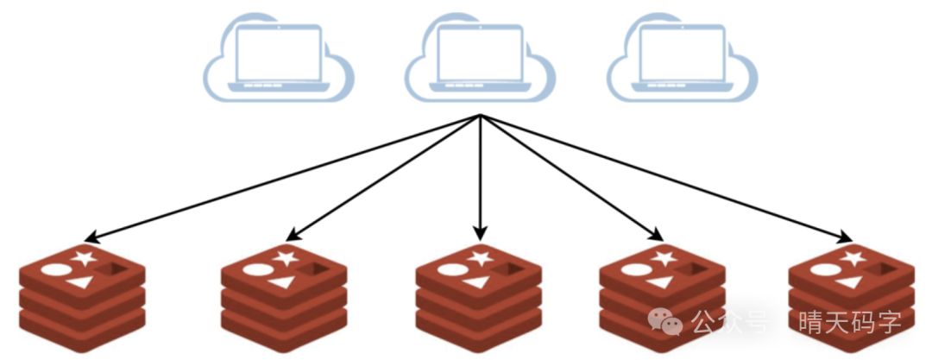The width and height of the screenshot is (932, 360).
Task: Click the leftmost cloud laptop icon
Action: [x=278, y=57]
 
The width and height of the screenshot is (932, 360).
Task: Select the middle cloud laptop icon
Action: [x=481, y=57]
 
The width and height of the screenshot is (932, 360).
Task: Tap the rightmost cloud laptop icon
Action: [x=683, y=57]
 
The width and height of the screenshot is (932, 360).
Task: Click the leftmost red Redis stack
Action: [x=82, y=298]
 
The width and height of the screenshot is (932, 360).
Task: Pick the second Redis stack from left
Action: [x=284, y=298]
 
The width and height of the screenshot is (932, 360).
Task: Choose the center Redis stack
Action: [x=478, y=298]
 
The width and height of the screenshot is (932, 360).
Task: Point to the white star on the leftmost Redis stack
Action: [x=83, y=257]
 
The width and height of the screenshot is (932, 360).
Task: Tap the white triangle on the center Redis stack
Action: [x=478, y=282]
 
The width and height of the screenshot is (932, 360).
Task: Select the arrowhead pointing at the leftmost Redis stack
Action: [x=91, y=237]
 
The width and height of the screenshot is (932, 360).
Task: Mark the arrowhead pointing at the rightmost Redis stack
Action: [x=844, y=237]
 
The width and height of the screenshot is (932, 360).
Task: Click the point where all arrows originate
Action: [x=481, y=116]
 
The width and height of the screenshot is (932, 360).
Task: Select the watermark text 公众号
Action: [x=729, y=322]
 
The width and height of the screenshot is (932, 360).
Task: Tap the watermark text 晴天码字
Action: [x=850, y=322]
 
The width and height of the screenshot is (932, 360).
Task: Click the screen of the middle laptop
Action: [x=481, y=54]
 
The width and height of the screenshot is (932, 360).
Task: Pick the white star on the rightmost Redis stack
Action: [x=853, y=257]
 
